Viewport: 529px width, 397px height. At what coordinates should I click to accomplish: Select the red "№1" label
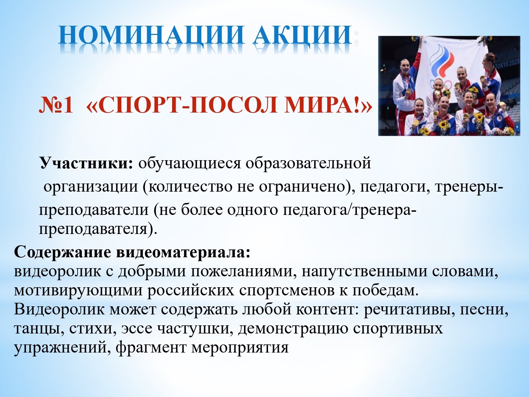click(x=56, y=105)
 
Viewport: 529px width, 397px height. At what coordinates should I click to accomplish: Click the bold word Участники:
click(x=86, y=163)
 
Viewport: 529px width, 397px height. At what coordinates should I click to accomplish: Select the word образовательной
click(x=308, y=163)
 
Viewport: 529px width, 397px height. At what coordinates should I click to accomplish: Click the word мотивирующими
click(x=78, y=290)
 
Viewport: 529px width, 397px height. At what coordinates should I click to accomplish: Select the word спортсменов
click(x=287, y=290)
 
